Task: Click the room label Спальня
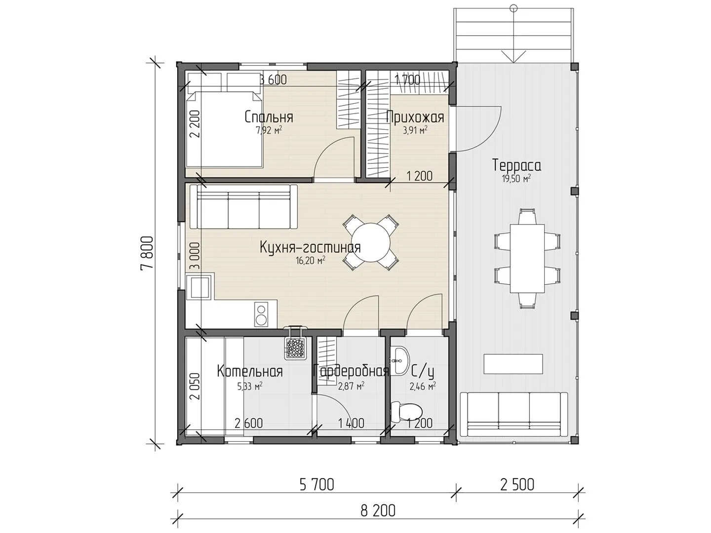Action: [x=269, y=117]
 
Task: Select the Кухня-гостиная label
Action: [x=310, y=248]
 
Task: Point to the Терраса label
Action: [x=516, y=165]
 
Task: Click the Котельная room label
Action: [x=249, y=371]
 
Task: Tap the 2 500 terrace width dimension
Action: [x=517, y=485]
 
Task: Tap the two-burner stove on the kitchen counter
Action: [x=261, y=313]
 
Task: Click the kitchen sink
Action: [x=199, y=286]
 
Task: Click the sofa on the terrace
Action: [x=513, y=415]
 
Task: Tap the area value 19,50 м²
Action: [x=516, y=179]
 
